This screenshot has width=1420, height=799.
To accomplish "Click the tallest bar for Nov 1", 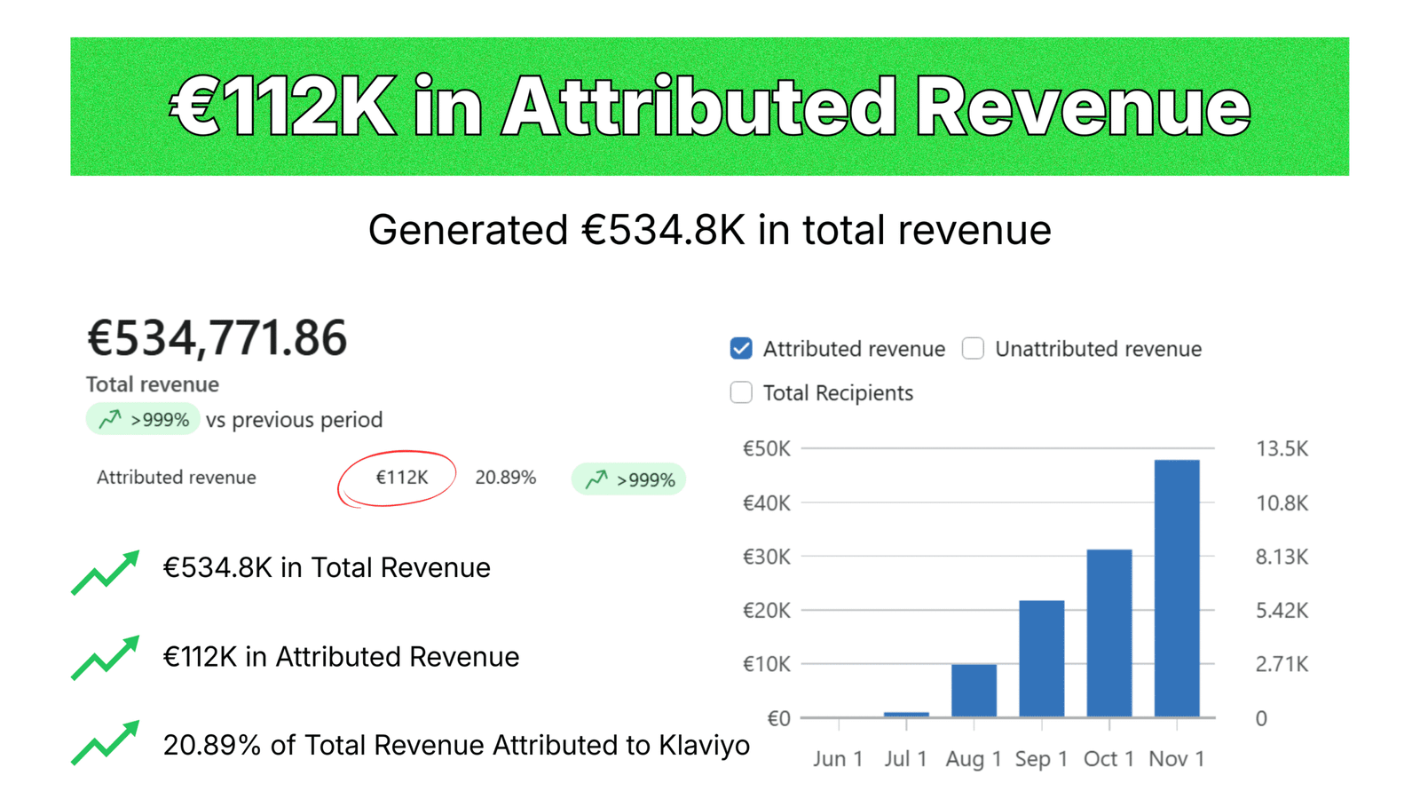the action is pos(1177,589).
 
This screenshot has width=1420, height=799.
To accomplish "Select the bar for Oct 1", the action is pos(1109,633).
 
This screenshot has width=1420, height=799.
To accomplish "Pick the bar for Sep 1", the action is pos(1042,659).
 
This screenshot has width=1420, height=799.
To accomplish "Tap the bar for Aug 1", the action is pos(974,691).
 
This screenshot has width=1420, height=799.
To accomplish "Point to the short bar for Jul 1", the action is pos(906,715).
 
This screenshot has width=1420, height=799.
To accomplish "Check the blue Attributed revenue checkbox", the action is pos(741,348).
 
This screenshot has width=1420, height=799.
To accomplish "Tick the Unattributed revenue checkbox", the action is pos(973,348).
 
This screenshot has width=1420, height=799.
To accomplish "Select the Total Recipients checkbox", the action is pos(741,392).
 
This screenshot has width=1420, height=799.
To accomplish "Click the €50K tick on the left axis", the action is pos(767,449).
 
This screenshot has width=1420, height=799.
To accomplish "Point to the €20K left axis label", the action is pos(767,611).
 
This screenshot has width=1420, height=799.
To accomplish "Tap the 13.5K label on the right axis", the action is pos(1282,449).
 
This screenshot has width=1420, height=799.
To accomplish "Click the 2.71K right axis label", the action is pos(1282,664).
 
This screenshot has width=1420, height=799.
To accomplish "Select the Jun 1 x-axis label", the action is pos(838,758).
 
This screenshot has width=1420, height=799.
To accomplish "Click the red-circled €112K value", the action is pos(402,477).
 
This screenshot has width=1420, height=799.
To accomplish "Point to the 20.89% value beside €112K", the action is pos(505,477).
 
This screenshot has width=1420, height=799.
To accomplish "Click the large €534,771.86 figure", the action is pos(217,338).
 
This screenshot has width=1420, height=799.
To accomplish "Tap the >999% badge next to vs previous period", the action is pos(143,419).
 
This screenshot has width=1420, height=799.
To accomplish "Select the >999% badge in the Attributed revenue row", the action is pos(628,479).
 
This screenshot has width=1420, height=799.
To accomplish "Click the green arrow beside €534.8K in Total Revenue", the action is pos(106,572).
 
